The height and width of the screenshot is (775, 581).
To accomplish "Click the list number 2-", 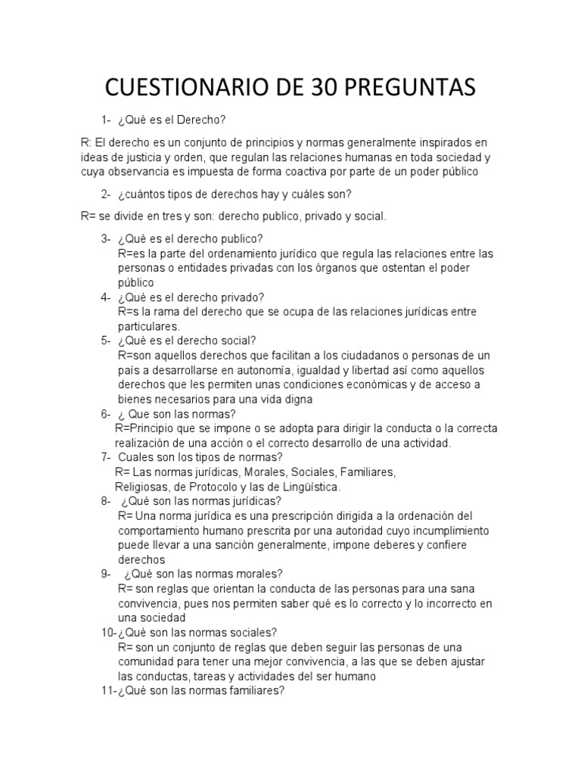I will coord(106,194).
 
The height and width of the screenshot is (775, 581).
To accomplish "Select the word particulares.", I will coord(148,326).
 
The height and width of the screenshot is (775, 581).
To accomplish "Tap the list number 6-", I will coord(106,414).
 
